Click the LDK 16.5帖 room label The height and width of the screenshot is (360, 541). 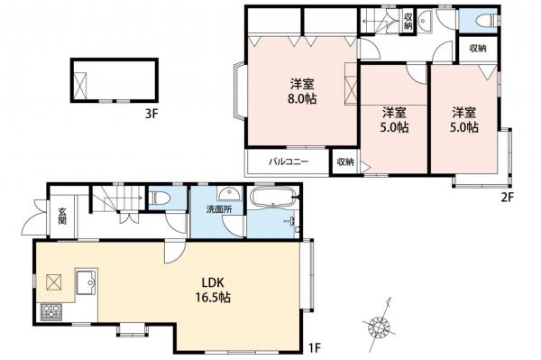click(x=213, y=291)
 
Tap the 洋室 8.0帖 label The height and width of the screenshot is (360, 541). click(x=302, y=91)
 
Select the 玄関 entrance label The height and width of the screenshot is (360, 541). click(x=62, y=216)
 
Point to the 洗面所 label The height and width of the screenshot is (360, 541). click(x=219, y=208)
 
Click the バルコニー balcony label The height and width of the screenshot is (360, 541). click(x=289, y=162)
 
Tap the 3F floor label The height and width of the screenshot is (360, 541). click(x=151, y=115)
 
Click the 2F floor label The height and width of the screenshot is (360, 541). click(x=508, y=197)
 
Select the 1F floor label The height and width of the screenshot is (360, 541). click(x=315, y=346)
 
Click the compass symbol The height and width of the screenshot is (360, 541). click(x=379, y=325)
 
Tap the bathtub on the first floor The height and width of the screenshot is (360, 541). click(x=273, y=197)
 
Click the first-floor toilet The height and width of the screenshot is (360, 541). click(x=161, y=198)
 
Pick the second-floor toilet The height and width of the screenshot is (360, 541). click(x=487, y=21)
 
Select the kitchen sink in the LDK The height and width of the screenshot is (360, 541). click(x=87, y=282)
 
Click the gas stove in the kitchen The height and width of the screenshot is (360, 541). click(x=51, y=311)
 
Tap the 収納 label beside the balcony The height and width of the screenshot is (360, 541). click(x=345, y=162)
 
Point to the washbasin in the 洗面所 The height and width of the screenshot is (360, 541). click(x=227, y=194)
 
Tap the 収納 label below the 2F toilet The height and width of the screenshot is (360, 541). click(x=478, y=49)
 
